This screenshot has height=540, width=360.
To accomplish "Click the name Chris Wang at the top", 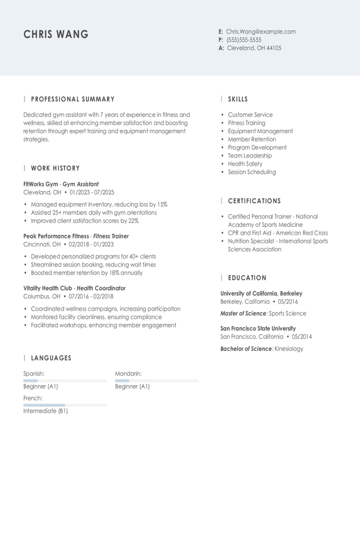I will pos(56,34).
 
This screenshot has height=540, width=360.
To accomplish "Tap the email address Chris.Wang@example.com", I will pos(261,32).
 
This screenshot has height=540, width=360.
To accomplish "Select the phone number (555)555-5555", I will pos(244,40).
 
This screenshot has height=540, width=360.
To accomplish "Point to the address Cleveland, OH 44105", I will pos(254,48).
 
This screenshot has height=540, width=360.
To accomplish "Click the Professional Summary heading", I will pos(73,99).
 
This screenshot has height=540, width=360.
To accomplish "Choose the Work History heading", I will pos(55,168).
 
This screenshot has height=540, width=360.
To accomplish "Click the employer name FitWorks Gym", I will pos(40,184).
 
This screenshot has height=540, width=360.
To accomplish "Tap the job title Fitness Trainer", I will pos(111,236).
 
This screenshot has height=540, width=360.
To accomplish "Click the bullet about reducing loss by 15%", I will pos(99,204).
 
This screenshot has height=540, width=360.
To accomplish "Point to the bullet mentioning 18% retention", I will pos(87,273).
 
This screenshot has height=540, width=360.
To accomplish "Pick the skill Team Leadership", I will pos(250,156).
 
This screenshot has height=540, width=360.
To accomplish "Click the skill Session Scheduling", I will pos(252,172).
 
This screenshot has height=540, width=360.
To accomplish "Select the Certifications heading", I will pos(254,201).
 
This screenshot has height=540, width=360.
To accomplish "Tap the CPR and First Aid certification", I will pos(277,233).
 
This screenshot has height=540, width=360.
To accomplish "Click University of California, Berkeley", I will pos(261,293).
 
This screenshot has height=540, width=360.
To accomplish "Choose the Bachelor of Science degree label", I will pos(246,349).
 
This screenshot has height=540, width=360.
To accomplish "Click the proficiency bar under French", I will pos(65,405).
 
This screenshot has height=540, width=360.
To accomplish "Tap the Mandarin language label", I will pos(128,374).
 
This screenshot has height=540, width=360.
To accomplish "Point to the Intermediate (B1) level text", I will pos(45,411).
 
